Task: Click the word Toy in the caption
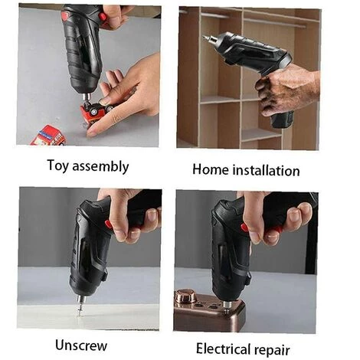pos(58,165)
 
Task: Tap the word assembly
pos(100,166)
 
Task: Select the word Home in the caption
pos(211,169)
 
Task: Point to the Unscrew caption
pos(81,345)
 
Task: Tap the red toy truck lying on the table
pos(48,136)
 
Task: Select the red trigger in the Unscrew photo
pos(108,224)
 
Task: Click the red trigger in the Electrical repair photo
pos(244,227)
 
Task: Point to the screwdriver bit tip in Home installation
pos(204,37)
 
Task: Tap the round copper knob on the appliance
pos(185,296)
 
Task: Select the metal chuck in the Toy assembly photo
pos(87,97)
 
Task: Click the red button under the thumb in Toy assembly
pos(103,17)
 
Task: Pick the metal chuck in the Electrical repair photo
pos(226,306)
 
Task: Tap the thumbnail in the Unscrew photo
pos(152,215)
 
